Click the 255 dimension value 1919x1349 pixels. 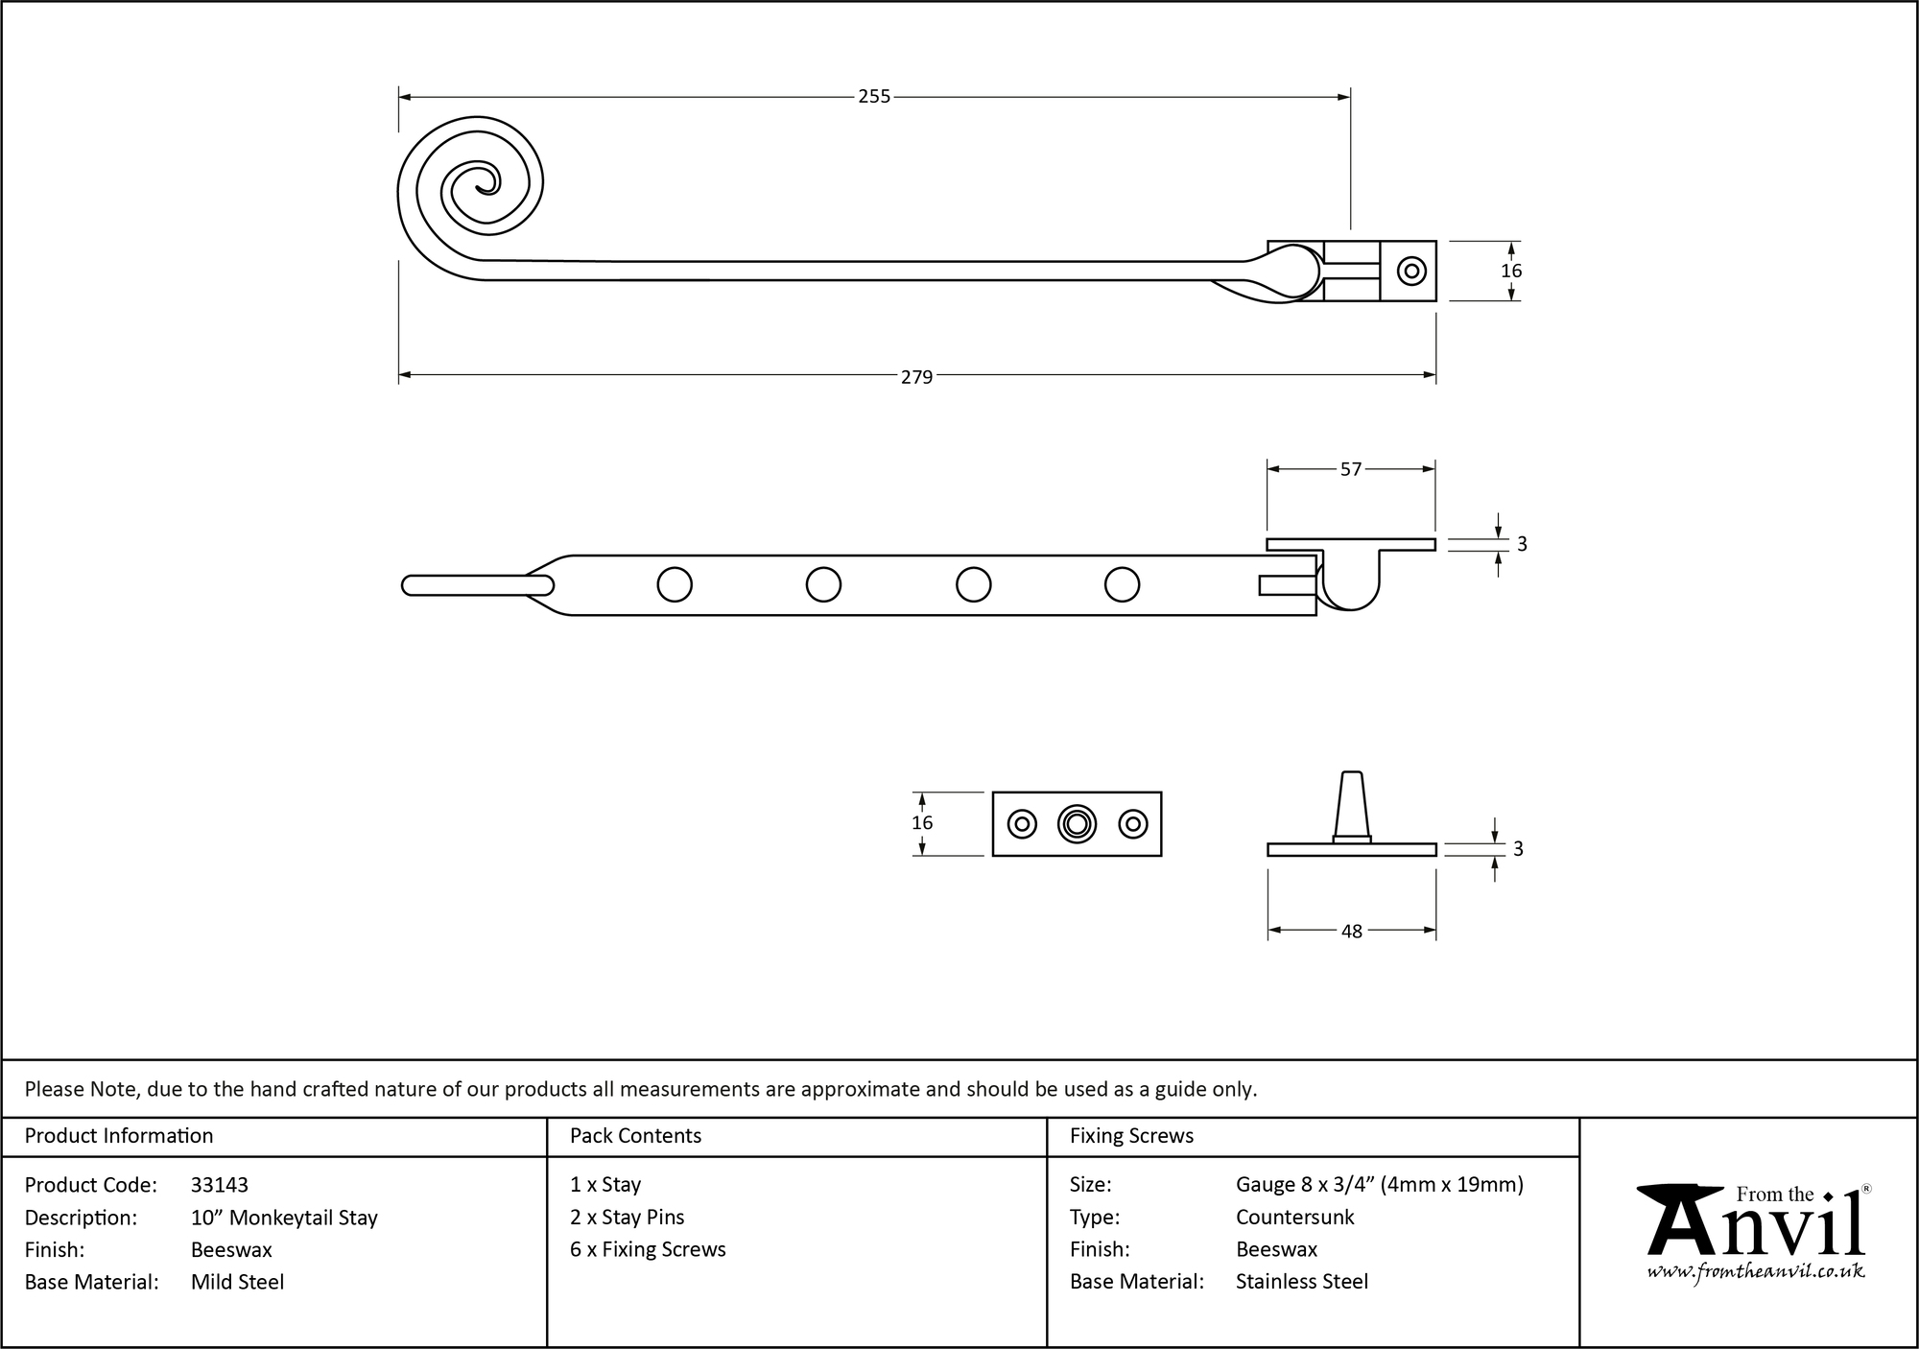point(873,97)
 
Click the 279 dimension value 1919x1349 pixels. point(916,377)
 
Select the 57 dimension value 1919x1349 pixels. point(1350,469)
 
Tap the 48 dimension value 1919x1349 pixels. point(1351,932)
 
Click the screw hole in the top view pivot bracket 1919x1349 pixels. point(1410,272)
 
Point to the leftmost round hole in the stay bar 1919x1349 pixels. point(675,584)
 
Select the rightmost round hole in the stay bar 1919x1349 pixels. point(1122,584)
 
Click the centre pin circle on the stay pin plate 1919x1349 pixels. point(1077,824)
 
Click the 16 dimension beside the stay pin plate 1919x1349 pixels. point(922,823)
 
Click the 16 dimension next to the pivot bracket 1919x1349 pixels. point(1511,272)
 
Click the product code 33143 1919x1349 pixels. point(220,1185)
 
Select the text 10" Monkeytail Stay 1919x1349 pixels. point(284,1218)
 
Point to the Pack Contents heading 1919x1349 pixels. point(635,1136)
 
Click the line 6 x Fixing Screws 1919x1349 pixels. point(648,1249)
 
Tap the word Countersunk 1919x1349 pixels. point(1294,1218)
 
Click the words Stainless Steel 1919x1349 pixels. point(1301,1282)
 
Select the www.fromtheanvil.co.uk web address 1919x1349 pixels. point(1756,1272)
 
